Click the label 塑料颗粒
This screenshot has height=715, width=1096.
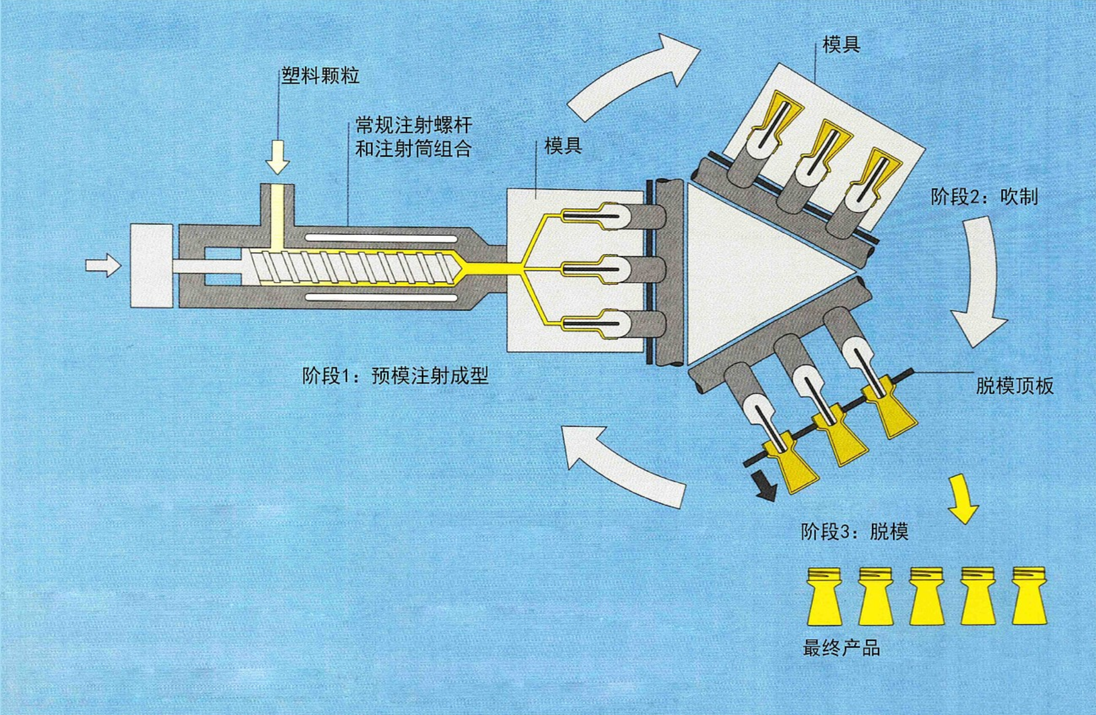[x=320, y=76]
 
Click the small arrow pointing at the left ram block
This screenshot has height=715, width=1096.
[x=104, y=265]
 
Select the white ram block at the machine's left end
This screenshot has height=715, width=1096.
[x=151, y=266]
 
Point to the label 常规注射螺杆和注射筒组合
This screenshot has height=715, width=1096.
[x=413, y=137]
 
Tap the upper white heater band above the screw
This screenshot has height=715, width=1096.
[x=381, y=238]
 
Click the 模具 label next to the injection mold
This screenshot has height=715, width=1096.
[x=562, y=146]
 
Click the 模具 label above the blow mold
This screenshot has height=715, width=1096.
[x=840, y=45]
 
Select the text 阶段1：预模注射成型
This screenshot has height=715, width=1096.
[x=395, y=376]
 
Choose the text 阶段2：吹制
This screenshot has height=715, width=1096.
[x=984, y=197]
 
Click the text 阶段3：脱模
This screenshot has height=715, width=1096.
[x=854, y=532]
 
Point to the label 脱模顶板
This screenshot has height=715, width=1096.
[x=1014, y=386]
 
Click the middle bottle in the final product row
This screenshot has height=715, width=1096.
[x=926, y=596]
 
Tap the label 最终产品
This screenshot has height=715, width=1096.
[x=841, y=649]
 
